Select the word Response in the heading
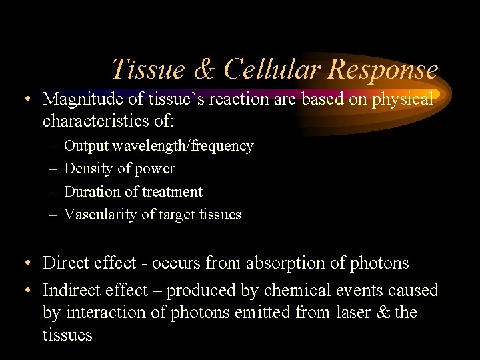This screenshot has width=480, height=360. pos(383,69)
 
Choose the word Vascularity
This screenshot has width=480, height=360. pos(97,214)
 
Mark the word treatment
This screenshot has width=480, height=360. pos(171,191)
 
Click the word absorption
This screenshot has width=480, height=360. pos(279,263)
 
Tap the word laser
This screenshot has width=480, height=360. pos(363,313)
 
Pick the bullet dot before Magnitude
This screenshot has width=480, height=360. pos(24,100)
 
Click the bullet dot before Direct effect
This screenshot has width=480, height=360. pos(24,264)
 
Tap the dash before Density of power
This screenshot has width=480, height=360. pos(53,169)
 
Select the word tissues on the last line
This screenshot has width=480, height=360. pos(67,335)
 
